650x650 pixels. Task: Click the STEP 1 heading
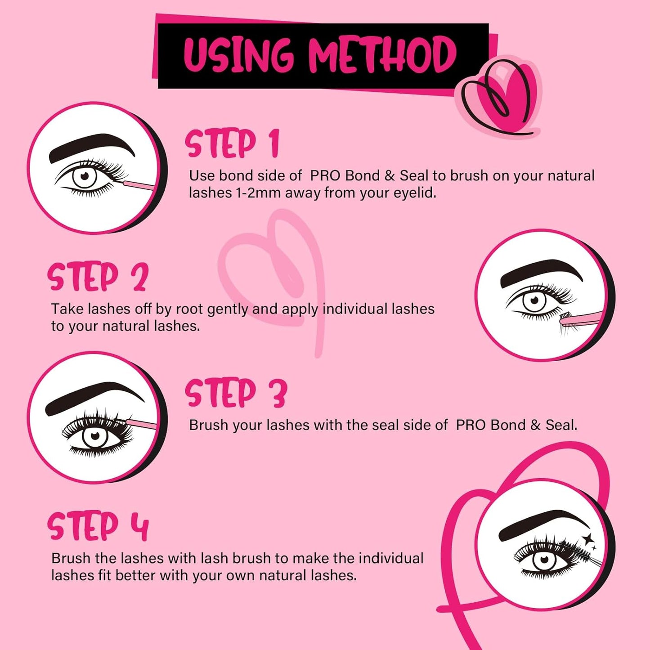click(232, 143)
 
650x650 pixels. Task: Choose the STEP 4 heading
click(98, 526)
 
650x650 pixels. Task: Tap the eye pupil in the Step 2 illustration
click(534, 300)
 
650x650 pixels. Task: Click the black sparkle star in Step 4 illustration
click(587, 539)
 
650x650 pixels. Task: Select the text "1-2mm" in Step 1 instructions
click(258, 193)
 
